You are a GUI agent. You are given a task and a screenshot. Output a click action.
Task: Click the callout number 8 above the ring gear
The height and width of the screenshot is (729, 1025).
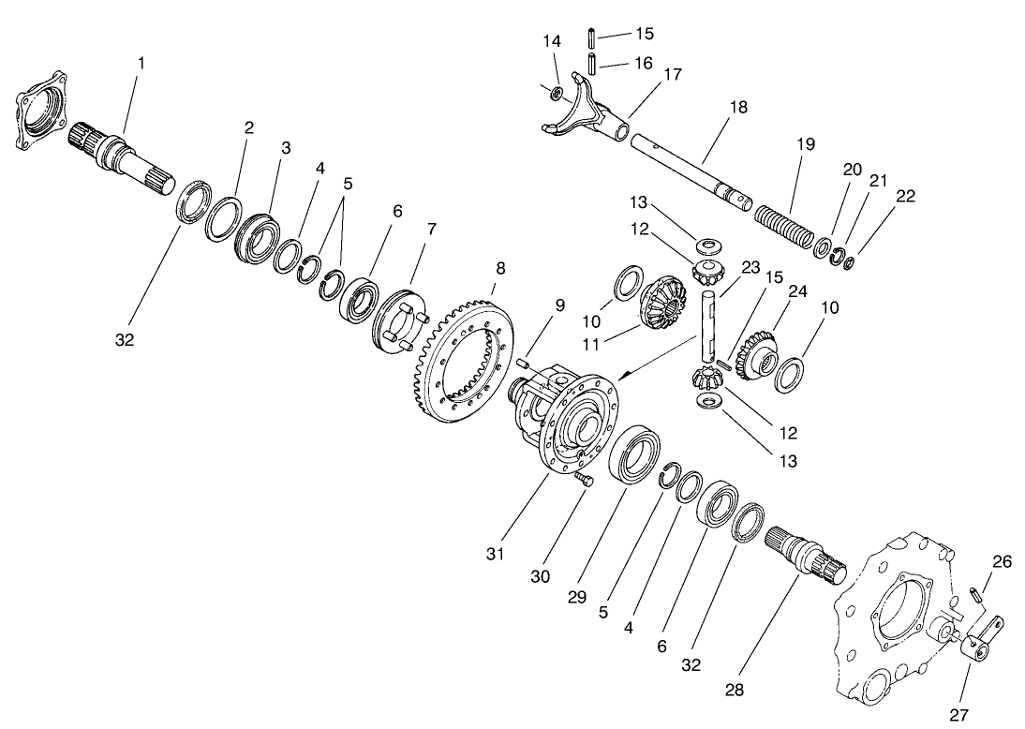500,268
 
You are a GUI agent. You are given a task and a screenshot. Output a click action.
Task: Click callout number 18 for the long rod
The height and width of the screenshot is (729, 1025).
738,108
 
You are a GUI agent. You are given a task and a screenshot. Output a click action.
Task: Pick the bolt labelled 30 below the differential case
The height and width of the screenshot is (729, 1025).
584,481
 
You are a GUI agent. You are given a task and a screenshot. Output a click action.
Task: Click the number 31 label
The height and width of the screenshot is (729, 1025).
495,554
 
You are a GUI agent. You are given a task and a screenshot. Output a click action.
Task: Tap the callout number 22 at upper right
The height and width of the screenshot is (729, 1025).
905,196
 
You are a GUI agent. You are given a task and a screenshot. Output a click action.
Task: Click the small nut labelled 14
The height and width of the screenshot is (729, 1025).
556,93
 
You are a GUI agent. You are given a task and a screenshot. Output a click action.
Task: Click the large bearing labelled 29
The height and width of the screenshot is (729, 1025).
635,454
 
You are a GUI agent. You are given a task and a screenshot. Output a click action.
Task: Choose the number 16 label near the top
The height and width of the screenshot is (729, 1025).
644,64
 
